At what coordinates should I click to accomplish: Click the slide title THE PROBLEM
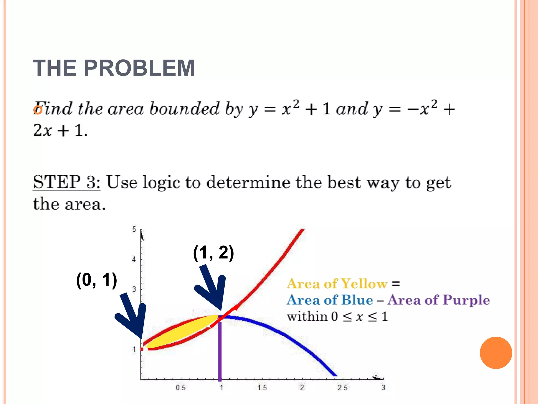(113, 68)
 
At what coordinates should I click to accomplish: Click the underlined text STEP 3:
(67, 182)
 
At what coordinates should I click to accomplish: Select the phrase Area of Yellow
(337, 284)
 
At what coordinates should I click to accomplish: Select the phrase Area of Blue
(330, 300)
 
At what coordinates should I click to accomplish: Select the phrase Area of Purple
(439, 300)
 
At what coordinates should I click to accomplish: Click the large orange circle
(496, 353)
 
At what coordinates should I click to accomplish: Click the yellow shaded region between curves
(181, 332)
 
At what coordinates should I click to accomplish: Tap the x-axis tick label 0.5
(181, 388)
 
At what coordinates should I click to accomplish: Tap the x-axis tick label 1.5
(262, 388)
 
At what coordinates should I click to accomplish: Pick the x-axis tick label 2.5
(343, 388)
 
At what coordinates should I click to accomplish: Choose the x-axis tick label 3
(383, 388)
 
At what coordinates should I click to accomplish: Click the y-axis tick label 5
(134, 230)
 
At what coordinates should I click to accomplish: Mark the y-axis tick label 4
(134, 260)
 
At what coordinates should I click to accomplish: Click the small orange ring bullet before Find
(38, 110)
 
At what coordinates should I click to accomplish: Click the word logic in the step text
(161, 183)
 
